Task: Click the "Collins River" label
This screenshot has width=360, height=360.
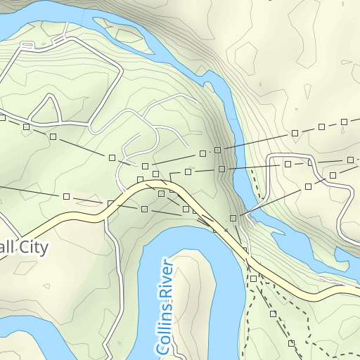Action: pyautogui.click(x=164, y=307)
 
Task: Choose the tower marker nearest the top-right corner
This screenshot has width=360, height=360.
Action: pyautogui.click(x=345, y=122)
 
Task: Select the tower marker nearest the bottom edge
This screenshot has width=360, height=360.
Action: pyautogui.click(x=291, y=343)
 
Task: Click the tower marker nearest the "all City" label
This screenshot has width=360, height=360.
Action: pyautogui.click(x=66, y=195)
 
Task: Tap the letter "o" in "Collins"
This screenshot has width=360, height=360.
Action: pyautogui.click(x=162, y=340)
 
